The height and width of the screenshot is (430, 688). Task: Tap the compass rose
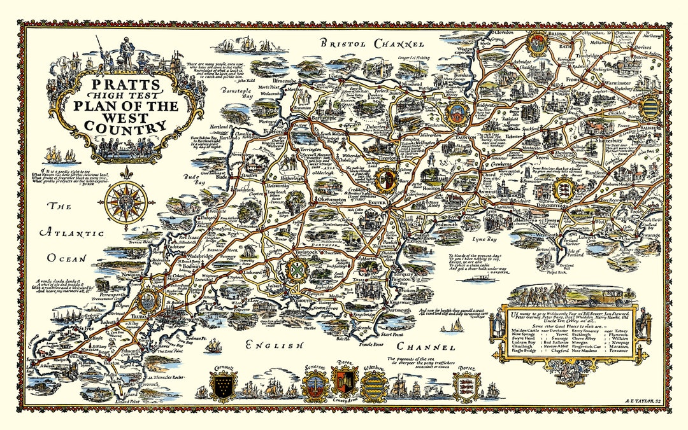pos(126,202)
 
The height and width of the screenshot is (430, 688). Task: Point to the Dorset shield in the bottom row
pos(466,384)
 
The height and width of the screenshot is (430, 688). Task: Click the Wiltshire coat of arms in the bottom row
pos(374,384)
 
